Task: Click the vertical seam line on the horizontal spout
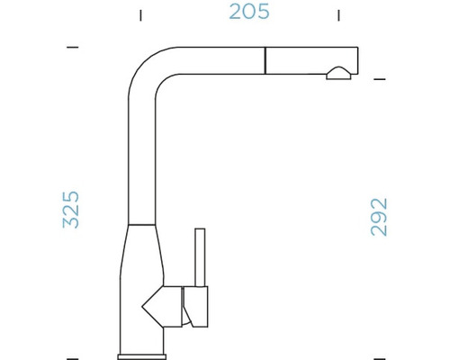(265, 61)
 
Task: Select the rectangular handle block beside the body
(196, 305)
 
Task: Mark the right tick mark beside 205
(338, 15)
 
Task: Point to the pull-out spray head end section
(310, 61)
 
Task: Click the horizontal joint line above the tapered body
(147, 221)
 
